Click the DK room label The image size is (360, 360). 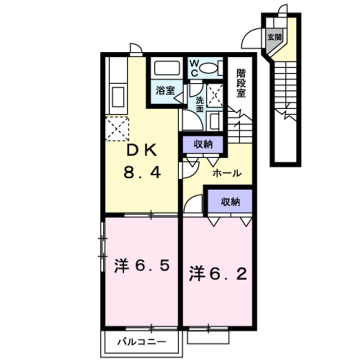pos(143,151)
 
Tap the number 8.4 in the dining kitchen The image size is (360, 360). pos(142,172)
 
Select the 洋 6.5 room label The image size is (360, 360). pos(142,266)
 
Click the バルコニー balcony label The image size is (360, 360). pos(141,342)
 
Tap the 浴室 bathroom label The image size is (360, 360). pos(165,90)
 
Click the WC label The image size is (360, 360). pos(194,68)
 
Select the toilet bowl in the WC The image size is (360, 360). pos(208,67)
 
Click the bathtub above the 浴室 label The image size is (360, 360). pos(167,67)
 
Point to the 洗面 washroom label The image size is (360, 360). pos(199,104)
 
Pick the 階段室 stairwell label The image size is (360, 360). pos(241,83)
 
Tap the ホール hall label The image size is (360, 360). pos(227,173)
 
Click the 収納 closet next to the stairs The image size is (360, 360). pos(203,144)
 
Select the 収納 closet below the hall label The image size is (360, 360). pos(230,201)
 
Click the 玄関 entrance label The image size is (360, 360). pos(275,36)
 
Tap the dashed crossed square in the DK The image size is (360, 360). pos(117,128)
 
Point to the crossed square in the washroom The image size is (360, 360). pos(214,95)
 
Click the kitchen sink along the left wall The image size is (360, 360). pos(118,96)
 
